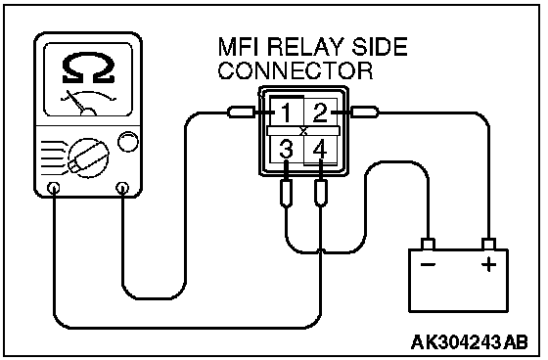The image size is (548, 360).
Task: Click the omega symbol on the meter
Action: (88, 68)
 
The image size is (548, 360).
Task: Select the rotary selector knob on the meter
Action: (88, 157)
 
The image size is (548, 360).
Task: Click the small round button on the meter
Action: (128, 142)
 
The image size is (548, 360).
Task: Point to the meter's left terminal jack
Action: (54, 188)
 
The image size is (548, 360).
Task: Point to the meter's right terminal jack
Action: (122, 188)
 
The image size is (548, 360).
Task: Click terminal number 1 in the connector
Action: (286, 112)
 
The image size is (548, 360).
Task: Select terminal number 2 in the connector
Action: (320, 112)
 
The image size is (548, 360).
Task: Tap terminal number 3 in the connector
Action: (286, 150)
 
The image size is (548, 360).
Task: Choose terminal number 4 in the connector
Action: (320, 150)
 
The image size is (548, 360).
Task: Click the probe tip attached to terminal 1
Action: (242, 112)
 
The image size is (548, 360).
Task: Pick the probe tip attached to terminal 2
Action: (364, 112)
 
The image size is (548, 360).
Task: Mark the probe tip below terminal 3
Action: (287, 194)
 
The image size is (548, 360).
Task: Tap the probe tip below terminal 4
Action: (321, 194)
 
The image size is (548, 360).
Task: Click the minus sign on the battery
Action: (429, 264)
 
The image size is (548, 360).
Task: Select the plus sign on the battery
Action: (488, 264)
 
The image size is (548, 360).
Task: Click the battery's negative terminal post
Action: (429, 245)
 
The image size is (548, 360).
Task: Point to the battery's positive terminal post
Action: (488, 245)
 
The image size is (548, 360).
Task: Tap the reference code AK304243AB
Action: (469, 342)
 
